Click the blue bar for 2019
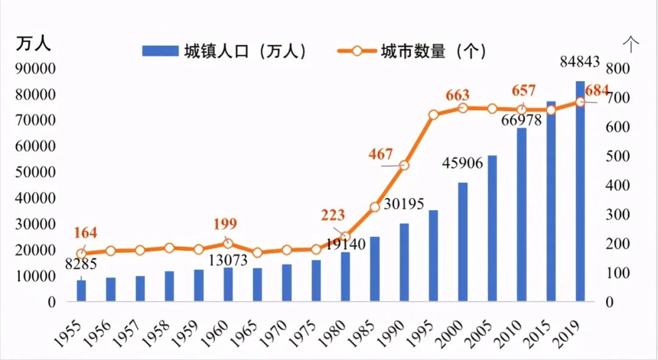coord(580,191)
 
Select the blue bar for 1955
coord(81,291)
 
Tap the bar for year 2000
coord(462,242)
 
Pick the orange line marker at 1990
coord(404,165)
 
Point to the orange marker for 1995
coord(433,115)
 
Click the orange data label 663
coord(458,95)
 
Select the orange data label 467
coord(381,154)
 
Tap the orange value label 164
coord(86,233)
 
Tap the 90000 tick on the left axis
coord(38,68)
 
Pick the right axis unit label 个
coord(631,43)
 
